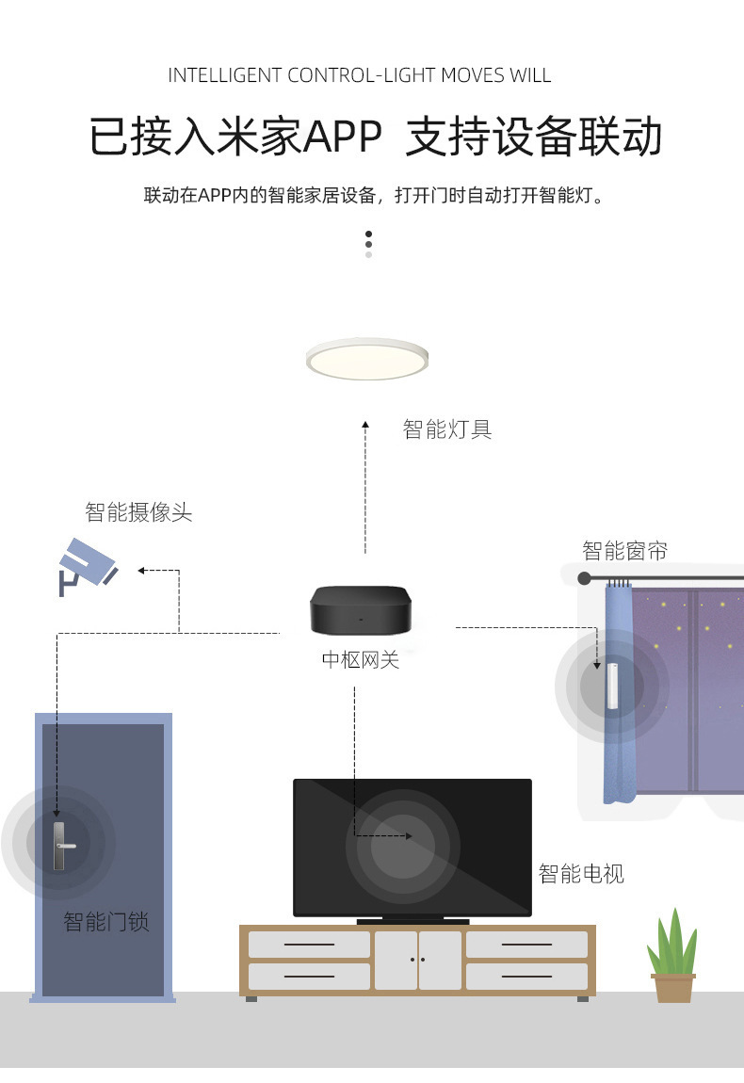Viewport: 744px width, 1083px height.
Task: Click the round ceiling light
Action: click(x=367, y=359)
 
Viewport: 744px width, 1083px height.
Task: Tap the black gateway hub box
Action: click(x=361, y=609)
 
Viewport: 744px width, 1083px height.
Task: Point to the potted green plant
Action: click(x=672, y=957)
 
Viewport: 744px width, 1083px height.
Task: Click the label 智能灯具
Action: click(x=447, y=430)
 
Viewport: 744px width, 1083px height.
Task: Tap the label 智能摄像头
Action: click(x=138, y=512)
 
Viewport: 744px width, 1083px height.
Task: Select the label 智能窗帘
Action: click(x=624, y=550)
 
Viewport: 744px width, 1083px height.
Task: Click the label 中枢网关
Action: click(x=361, y=660)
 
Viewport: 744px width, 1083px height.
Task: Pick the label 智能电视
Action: click(x=581, y=874)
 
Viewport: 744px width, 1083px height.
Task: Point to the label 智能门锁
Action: click(x=106, y=921)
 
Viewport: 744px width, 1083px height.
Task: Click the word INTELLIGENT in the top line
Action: click(x=224, y=75)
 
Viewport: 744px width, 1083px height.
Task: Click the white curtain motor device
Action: click(x=611, y=685)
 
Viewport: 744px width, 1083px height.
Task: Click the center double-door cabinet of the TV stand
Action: click(x=418, y=960)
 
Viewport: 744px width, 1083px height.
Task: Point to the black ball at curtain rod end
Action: click(x=585, y=578)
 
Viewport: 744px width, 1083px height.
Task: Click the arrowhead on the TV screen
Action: click(x=409, y=835)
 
